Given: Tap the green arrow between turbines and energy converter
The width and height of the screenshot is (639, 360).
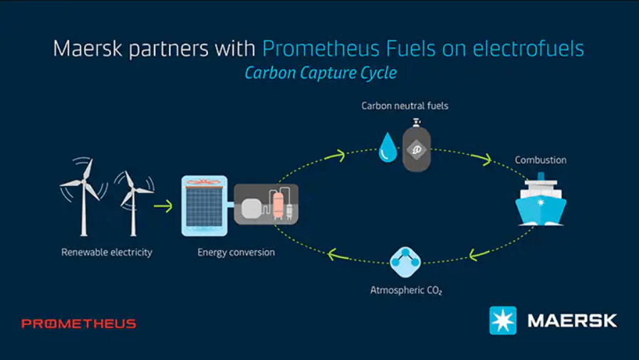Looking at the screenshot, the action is tap(163, 206).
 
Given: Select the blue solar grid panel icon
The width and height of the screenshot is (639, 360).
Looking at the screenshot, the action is tap(204, 206).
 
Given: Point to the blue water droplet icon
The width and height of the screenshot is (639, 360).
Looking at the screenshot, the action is tap(388, 147).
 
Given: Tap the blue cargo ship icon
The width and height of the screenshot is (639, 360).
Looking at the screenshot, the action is tap(541, 200).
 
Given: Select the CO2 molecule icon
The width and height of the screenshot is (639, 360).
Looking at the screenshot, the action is tap(405, 262).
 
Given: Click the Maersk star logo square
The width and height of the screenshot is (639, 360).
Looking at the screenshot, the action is tap(503, 321).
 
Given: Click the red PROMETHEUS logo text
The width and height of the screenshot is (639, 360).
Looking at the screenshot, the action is tap(78, 324).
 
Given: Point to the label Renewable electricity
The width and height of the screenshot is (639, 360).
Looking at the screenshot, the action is tap(107, 252).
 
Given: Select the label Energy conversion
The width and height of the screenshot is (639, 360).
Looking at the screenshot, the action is tap(236, 252).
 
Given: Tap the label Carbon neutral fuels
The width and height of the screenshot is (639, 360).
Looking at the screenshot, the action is tap(405, 106).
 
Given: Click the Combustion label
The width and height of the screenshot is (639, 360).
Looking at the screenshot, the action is tap(541, 160).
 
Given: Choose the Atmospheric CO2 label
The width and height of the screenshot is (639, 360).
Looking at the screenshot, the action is tap(406, 290).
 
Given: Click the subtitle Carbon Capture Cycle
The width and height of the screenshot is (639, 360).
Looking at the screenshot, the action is tap(321, 73).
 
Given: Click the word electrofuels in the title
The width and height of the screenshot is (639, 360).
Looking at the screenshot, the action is tap(528, 48).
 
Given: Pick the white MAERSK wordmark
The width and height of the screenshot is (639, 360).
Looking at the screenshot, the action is tap(572, 321).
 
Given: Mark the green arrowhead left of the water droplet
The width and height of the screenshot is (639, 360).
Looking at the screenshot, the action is tap(338, 155).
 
